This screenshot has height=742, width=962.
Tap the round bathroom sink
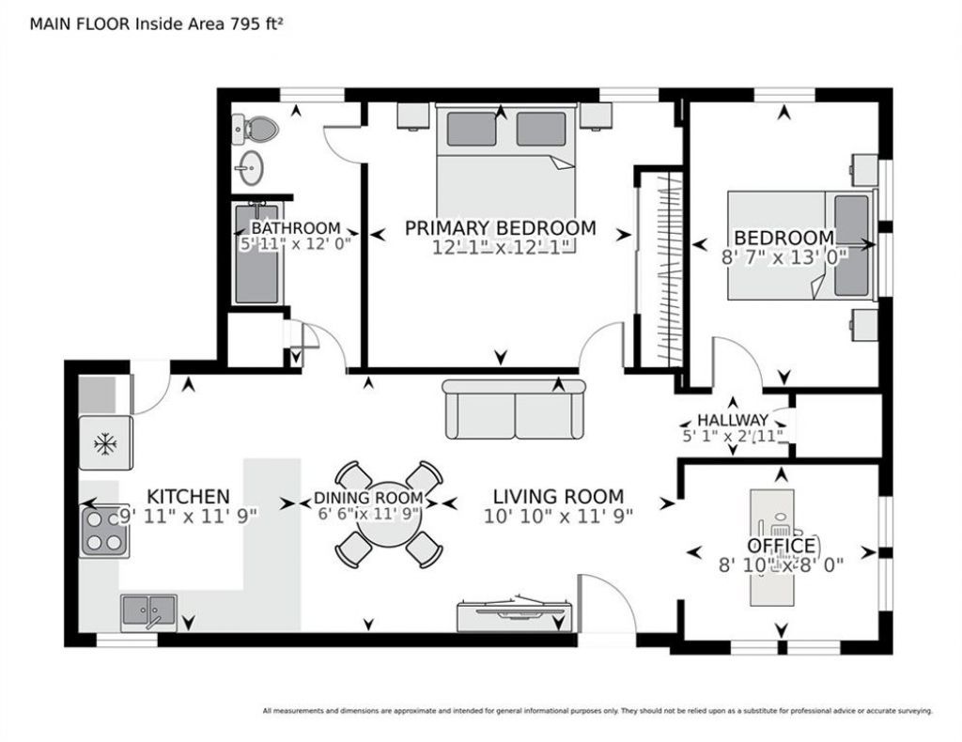[251, 167]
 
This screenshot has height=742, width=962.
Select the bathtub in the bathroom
[257, 254]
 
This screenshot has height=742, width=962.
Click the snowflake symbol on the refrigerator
[105, 443]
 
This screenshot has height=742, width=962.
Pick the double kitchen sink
[149, 612]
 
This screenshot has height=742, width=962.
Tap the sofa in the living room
[514, 409]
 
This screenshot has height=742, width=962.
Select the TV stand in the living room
[515, 615]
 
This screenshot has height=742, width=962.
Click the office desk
[772, 547]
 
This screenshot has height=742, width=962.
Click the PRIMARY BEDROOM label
[500, 228]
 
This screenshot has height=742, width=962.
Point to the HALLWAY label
[733, 420]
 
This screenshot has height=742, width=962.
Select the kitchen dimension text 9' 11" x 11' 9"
[188, 517]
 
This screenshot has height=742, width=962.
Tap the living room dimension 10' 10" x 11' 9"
[558, 517]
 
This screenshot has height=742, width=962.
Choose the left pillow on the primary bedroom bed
[472, 129]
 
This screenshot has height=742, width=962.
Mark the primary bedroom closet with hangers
[660, 269]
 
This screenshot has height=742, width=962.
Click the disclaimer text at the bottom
[597, 711]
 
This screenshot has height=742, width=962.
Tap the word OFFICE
[782, 546]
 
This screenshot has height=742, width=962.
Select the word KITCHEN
[188, 496]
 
